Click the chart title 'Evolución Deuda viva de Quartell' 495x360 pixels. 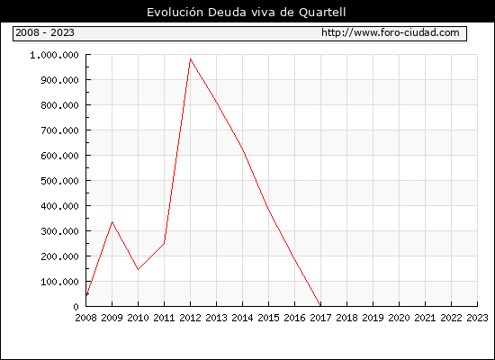pos(247,13)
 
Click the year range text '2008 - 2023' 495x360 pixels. pos(45,32)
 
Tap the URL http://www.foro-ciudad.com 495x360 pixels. pos(391,32)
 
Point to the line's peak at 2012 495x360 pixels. pos(191,59)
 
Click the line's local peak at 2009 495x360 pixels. pos(112,222)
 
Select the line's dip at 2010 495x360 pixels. pos(138,269)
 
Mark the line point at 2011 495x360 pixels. pos(164,243)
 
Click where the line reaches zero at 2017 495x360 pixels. pos(320,306)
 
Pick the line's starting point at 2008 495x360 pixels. pos(86,295)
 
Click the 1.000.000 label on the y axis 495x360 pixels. pos(54,56)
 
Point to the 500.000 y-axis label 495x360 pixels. pos(59,181)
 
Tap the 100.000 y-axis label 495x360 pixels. pos(59,282)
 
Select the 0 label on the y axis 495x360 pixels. pos(76,307)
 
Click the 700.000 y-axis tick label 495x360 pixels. pos(59,130)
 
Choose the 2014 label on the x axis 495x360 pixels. pos(242,318)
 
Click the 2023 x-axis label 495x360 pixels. pos(477,318)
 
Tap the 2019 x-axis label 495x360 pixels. pos(373,318)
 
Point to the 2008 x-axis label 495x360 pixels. pos(85,318)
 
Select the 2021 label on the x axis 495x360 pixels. pos(425,318)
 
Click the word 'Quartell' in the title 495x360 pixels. pos(322,13)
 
